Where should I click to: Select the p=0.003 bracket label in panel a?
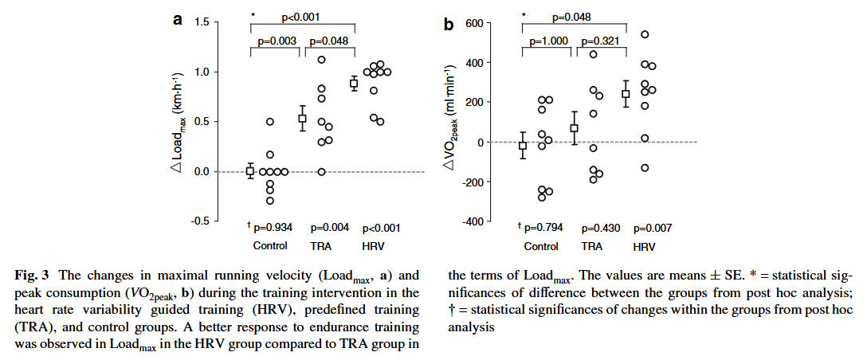277,41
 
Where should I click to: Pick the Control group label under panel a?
269,245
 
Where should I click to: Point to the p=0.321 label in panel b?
602,41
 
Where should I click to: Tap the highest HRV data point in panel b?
645,34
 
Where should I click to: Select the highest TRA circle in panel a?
322,60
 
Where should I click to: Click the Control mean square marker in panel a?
249,170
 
